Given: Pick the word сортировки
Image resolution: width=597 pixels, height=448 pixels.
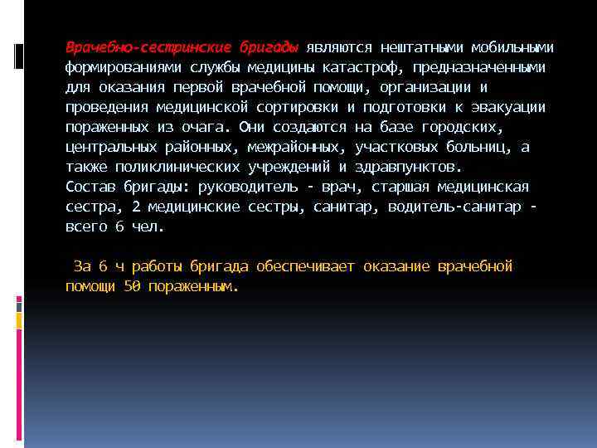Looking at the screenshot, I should [x=298, y=107].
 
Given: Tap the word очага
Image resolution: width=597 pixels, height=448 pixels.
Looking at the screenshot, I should [x=211, y=127].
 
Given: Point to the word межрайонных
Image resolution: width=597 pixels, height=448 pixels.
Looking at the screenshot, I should [x=294, y=147].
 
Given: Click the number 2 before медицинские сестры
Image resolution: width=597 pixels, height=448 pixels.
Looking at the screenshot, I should [x=136, y=207].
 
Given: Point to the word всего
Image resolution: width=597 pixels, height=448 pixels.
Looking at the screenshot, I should [x=86, y=226].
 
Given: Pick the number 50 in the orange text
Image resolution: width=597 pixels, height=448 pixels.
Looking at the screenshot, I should [x=132, y=287].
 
